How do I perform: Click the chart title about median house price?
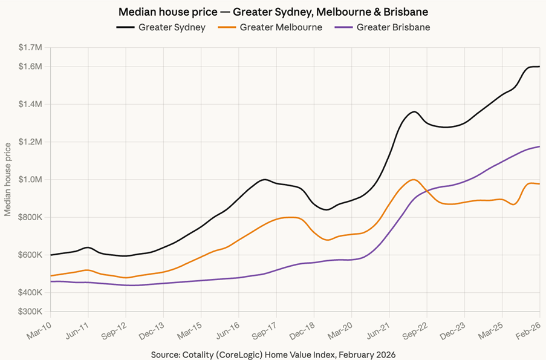point(273,11)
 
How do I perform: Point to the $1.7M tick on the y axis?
point(30,47)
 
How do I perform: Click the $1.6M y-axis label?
point(30,67)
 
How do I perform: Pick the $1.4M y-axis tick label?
point(30,104)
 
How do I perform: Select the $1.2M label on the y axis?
point(30,142)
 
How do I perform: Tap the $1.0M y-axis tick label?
point(30,180)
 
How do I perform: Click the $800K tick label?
point(30,217)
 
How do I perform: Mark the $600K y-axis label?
point(30,255)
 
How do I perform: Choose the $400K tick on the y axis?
point(30,293)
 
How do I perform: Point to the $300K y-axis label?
point(30,312)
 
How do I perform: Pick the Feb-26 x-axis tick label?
point(528,330)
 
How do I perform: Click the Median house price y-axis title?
point(8,180)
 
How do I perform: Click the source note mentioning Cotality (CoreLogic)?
point(273,353)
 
